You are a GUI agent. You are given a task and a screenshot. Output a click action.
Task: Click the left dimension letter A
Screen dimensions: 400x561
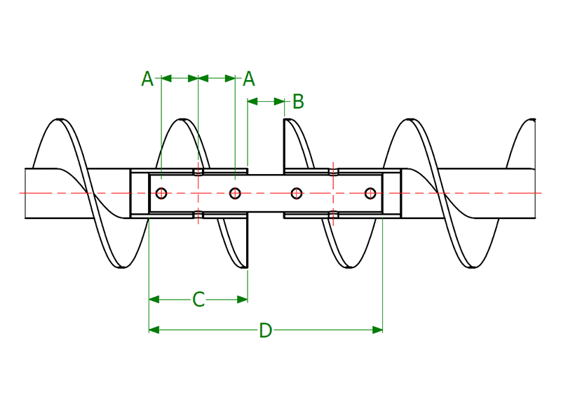coord(147,79)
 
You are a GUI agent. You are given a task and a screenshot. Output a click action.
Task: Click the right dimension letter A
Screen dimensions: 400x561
coord(248,79)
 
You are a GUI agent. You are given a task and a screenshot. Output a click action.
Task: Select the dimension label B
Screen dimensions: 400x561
coord(298,102)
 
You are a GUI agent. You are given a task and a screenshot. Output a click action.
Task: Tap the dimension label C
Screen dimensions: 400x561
coord(198,300)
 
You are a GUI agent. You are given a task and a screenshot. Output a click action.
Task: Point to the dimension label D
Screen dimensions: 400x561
coord(265,330)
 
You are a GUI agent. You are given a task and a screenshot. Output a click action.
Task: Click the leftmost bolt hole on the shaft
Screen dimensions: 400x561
coord(162,193)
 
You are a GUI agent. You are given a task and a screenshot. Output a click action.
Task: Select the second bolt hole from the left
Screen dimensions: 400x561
coord(234,193)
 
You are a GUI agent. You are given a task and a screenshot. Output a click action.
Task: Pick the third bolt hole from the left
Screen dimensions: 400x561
coord(297,193)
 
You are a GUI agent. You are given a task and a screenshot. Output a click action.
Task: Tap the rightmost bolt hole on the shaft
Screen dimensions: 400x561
coord(370,193)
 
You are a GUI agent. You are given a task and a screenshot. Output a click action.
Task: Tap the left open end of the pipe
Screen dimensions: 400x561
coord(26,193)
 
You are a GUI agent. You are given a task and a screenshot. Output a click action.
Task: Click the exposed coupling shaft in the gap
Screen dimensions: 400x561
coord(266,193)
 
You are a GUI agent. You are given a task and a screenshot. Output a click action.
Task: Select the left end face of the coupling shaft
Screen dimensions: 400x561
coord(150,193)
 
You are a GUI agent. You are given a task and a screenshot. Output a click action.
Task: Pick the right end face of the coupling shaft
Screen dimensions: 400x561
coord(382,193)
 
